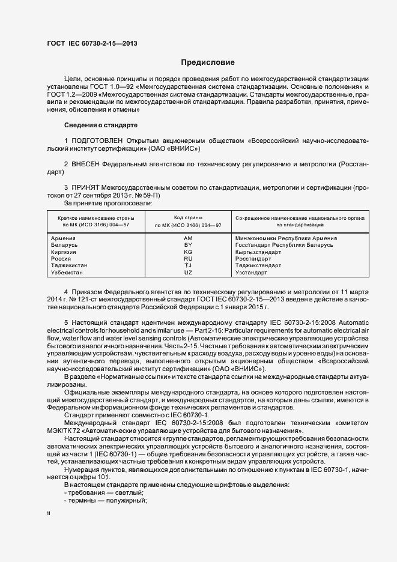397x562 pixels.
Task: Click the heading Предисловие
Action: (208, 62)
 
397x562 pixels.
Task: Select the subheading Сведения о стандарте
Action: (101, 125)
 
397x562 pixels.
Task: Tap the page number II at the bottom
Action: (49, 514)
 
